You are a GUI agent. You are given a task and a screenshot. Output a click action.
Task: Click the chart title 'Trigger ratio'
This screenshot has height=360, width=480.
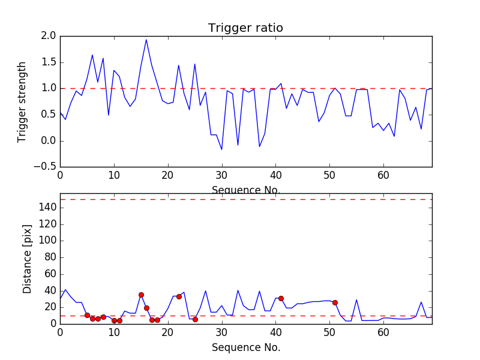click(x=245, y=28)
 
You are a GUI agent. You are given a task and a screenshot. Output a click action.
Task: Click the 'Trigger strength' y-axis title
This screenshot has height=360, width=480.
click(x=22, y=101)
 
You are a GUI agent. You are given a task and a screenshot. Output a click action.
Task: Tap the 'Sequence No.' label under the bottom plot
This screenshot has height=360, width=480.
click(x=245, y=347)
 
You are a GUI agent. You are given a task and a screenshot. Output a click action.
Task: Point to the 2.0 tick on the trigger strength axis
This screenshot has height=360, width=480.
click(x=49, y=36)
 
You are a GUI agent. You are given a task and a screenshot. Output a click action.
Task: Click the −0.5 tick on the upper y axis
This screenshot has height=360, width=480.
click(x=46, y=167)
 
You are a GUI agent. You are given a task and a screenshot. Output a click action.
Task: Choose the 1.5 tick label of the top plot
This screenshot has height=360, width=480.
click(x=49, y=62)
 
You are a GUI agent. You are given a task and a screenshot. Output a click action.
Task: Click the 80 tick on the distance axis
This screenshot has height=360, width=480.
click(x=49, y=257)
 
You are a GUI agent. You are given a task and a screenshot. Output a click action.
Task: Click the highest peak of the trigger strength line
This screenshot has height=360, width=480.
click(x=146, y=40)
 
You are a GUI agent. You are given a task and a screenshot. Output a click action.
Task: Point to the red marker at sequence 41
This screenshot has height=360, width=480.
click(x=281, y=298)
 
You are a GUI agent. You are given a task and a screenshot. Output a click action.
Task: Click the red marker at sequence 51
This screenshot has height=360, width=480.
click(x=335, y=302)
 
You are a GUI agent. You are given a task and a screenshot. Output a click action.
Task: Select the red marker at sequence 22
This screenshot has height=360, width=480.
click(x=179, y=296)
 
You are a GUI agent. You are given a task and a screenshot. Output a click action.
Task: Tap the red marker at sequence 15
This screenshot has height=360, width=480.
click(x=141, y=295)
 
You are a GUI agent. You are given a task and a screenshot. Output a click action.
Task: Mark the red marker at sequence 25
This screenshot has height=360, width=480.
click(x=195, y=319)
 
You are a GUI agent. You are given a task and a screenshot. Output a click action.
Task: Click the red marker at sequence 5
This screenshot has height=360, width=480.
click(x=87, y=315)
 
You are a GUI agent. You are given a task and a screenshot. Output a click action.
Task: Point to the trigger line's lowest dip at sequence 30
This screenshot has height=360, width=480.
click(x=222, y=149)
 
